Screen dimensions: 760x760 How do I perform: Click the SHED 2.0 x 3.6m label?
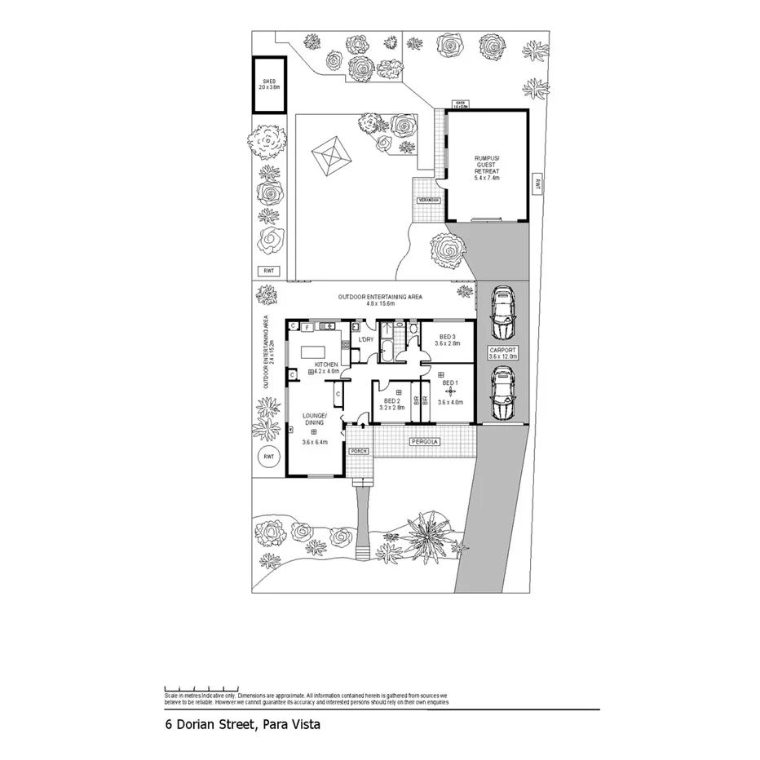click(269, 83)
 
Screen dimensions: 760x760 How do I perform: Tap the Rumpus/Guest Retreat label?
click(486, 166)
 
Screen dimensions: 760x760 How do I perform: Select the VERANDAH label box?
click(428, 200)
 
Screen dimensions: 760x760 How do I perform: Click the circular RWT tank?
click(268, 457)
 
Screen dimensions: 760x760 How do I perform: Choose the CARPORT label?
click(504, 352)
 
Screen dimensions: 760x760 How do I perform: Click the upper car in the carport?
click(503, 314)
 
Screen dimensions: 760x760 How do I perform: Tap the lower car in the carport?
click(503, 395)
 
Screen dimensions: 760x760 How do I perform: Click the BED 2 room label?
click(393, 404)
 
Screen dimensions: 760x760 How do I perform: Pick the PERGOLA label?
click(425, 442)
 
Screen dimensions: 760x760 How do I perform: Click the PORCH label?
click(359, 451)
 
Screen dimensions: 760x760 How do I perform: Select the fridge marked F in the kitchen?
click(306, 328)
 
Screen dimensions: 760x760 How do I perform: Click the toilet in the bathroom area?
click(414, 329)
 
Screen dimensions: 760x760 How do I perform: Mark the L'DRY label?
click(366, 338)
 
